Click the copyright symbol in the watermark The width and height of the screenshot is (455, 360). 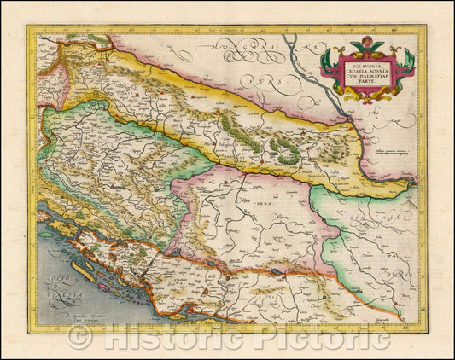point(79,337)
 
